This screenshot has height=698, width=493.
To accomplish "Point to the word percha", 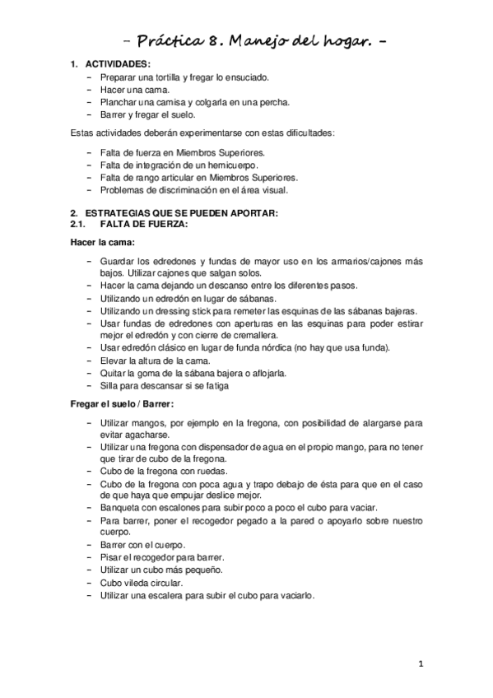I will (273, 102).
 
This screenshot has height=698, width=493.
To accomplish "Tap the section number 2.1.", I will (78, 224).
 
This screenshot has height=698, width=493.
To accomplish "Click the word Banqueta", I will (119, 508).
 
